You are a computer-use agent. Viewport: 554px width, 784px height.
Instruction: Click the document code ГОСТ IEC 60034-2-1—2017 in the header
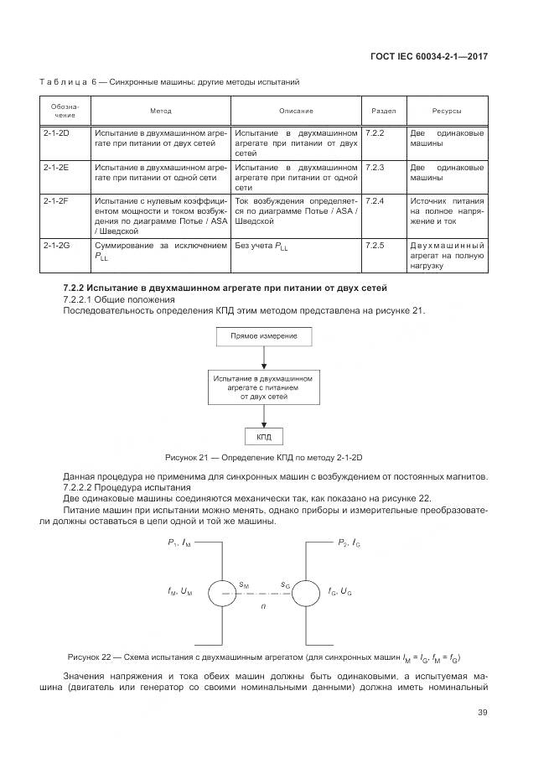(x=428, y=56)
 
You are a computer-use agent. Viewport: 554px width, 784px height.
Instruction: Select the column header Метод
(x=161, y=111)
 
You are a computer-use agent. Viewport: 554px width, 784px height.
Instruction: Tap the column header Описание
(x=296, y=111)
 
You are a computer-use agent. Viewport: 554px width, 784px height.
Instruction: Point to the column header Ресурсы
(x=446, y=111)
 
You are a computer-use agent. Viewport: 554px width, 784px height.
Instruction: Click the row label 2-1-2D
(x=55, y=134)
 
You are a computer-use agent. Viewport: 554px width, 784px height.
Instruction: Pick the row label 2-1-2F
(x=55, y=202)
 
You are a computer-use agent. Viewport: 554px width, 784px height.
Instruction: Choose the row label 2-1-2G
(x=55, y=246)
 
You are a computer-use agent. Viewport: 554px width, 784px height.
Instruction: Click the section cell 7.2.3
(x=375, y=168)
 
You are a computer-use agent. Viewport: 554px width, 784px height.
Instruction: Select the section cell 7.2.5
(x=375, y=246)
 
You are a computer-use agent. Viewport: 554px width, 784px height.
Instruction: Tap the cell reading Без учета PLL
(x=263, y=247)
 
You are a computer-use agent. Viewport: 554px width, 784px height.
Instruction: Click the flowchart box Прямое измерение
(x=264, y=337)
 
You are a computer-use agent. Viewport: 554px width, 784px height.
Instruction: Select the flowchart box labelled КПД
(x=264, y=436)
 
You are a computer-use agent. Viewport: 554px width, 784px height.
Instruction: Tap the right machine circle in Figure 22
(x=303, y=591)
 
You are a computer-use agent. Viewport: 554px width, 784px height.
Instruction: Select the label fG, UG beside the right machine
(x=340, y=591)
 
